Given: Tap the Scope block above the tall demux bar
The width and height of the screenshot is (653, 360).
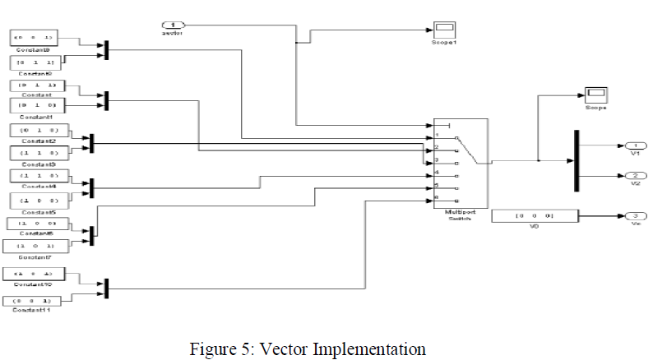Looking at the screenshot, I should tap(595, 94).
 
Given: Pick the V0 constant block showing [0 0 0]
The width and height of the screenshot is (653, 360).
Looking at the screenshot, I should tap(534, 216).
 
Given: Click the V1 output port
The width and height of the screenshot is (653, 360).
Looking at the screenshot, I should tap(635, 146).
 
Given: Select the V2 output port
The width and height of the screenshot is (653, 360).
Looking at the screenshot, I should tap(635, 176).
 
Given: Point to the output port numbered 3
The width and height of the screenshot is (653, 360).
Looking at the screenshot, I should tap(635, 217).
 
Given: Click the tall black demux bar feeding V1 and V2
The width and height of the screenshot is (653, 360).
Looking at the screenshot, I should tap(575, 159).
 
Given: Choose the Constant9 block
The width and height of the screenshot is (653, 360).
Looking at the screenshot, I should tap(32, 38).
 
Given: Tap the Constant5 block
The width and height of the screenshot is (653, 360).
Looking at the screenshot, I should tap(38, 200).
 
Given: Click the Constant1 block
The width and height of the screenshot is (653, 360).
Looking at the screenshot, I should tap(33, 105).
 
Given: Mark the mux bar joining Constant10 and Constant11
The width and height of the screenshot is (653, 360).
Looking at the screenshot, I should tap(107, 288).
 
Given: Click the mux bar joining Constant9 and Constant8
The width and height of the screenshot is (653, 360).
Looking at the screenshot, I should tap(106, 50).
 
